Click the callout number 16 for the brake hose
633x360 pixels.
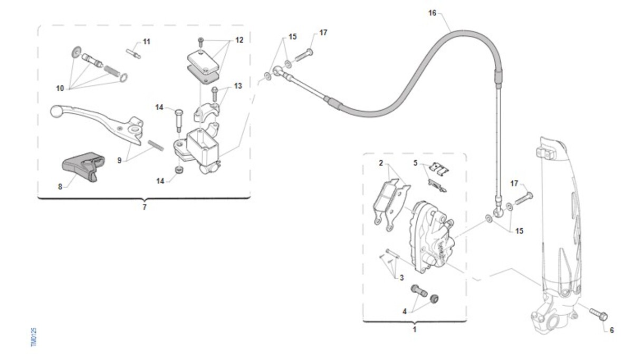(x=433, y=13)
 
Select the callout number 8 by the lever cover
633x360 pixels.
(x=60, y=186)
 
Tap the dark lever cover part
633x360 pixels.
(x=82, y=166)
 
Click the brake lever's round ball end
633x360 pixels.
(x=57, y=112)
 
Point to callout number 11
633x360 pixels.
(x=146, y=41)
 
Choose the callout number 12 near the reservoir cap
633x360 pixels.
(x=239, y=40)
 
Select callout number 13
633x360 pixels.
(x=238, y=86)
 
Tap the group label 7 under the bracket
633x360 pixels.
(x=145, y=207)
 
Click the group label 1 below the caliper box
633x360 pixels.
(x=414, y=329)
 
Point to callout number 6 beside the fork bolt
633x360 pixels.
(x=611, y=330)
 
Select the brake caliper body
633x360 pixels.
(x=430, y=237)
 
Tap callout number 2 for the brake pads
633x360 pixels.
(x=381, y=163)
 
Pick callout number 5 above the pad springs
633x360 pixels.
(x=415, y=163)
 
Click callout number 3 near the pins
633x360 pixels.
(x=401, y=277)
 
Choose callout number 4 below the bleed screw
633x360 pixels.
(x=405, y=312)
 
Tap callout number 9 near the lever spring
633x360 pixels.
(x=120, y=160)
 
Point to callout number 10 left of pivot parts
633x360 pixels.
(x=60, y=89)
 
